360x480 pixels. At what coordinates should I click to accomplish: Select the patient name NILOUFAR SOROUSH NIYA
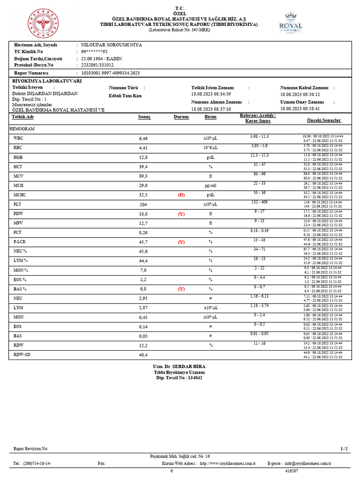coord(112,45)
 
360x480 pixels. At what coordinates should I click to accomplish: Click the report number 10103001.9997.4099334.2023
coord(110,73)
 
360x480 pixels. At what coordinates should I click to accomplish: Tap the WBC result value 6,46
coord(143,139)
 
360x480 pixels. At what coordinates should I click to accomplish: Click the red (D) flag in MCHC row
coord(181,195)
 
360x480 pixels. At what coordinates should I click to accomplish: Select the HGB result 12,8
coord(143,157)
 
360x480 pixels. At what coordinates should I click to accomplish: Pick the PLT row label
coord(18,204)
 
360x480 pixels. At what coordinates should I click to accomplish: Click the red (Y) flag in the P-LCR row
coord(181,242)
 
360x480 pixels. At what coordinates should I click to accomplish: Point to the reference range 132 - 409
coord(259,202)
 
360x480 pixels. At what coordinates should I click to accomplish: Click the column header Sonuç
coord(144,117)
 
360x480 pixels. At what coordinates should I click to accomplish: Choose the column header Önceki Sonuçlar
coord(323,120)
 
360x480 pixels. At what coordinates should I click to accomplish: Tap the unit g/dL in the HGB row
coord(210,157)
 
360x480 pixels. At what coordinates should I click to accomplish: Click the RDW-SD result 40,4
coord(143,355)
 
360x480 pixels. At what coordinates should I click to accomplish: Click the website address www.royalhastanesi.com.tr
coord(227,463)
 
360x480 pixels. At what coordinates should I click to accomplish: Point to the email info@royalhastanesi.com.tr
coord(307,463)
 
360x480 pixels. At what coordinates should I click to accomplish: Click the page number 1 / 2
coord(344,449)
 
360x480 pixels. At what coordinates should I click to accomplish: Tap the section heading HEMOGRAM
coord(22,128)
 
